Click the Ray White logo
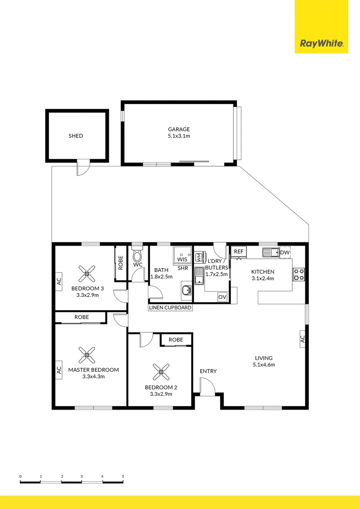[321, 44]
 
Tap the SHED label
[75, 136]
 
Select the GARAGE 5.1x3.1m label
[179, 132]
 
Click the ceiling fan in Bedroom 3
[87, 271]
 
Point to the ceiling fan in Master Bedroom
[87, 354]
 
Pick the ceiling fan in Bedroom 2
[161, 372]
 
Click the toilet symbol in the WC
[138, 255]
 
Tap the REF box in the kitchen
[239, 252]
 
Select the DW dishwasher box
[285, 253]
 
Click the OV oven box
[222, 297]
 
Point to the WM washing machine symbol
[199, 257]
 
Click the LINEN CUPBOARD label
[171, 308]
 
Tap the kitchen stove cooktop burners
[299, 274]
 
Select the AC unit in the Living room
[303, 338]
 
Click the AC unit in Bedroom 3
[59, 282]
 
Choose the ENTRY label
[208, 371]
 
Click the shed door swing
[83, 168]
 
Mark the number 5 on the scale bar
[123, 476]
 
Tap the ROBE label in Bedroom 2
[176, 340]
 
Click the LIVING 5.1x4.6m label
[264, 361]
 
